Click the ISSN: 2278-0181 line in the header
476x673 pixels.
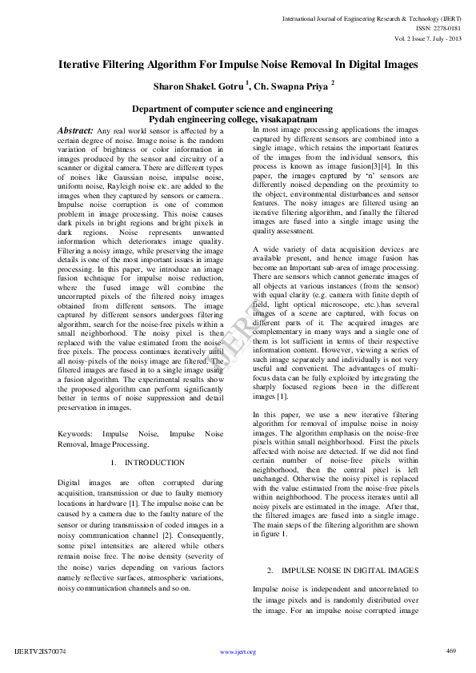click(x=437, y=28)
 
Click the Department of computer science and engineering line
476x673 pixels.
click(x=232, y=108)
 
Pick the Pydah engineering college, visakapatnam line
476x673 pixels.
click(x=232, y=118)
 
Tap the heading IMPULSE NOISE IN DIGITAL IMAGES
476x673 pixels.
click(x=343, y=570)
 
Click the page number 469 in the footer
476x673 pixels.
click(x=450, y=651)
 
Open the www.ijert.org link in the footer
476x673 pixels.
click(x=238, y=651)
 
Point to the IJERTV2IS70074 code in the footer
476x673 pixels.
click(x=41, y=651)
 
